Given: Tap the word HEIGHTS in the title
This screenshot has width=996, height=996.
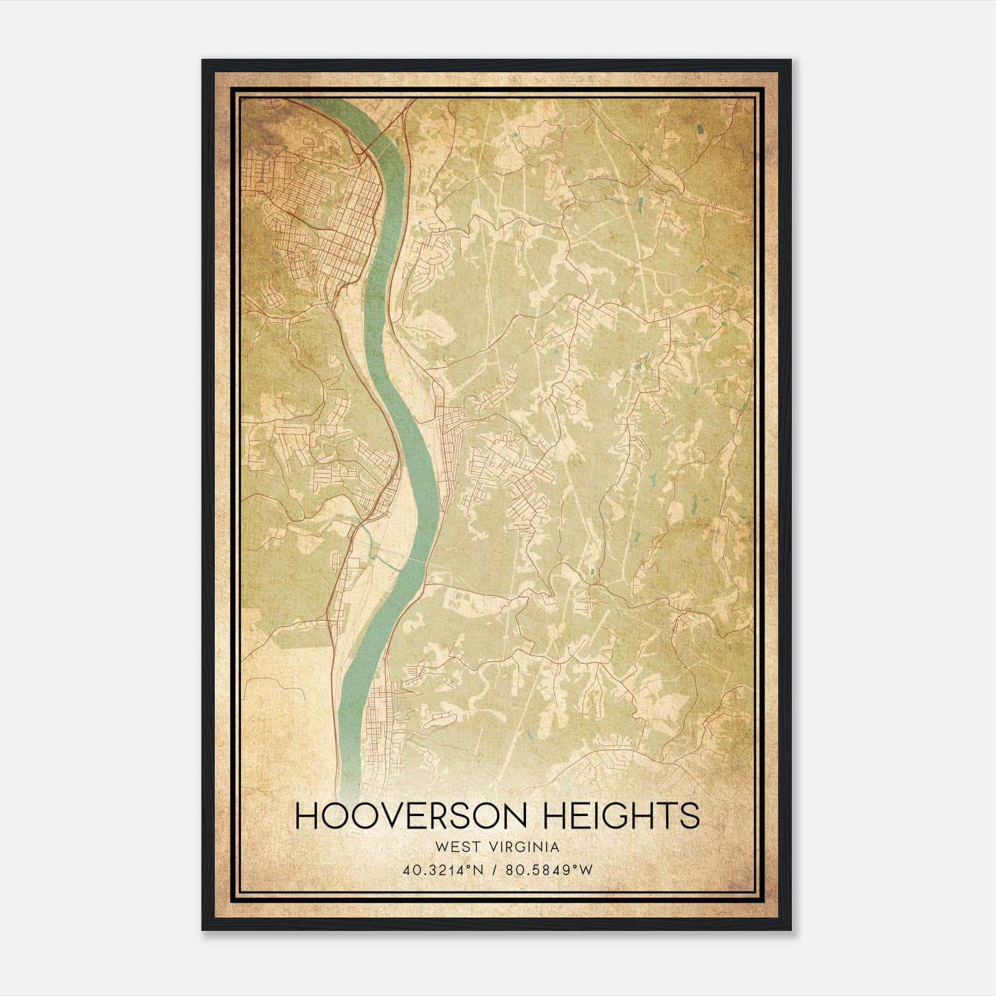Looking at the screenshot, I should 622,816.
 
